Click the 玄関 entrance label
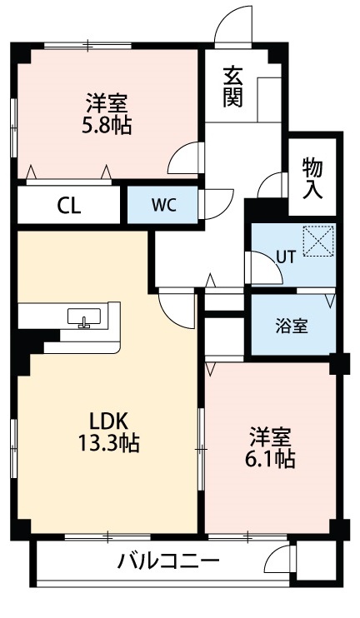click(x=232, y=86)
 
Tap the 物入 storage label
click(x=312, y=177)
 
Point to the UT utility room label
click(x=286, y=257)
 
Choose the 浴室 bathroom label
click(x=292, y=325)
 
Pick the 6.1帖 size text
click(x=270, y=458)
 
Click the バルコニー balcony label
click(x=167, y=561)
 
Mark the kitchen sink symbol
click(x=83, y=317)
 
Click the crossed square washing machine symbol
click(x=317, y=242)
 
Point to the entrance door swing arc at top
click(x=232, y=23)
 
